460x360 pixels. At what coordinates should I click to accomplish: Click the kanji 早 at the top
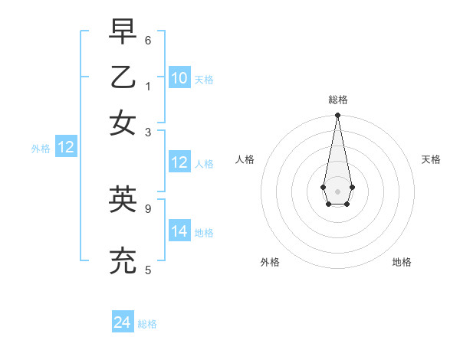click(123, 32)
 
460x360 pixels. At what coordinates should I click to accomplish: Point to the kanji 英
click(123, 199)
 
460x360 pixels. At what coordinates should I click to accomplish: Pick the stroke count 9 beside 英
click(148, 207)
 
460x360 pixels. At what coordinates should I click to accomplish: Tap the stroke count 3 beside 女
click(148, 132)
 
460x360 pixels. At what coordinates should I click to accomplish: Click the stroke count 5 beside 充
click(148, 270)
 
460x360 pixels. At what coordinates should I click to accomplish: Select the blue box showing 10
click(179, 78)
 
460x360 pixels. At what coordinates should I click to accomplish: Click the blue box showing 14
click(179, 231)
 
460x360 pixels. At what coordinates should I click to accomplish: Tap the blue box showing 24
click(123, 322)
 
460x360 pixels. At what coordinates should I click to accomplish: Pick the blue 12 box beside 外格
click(66, 148)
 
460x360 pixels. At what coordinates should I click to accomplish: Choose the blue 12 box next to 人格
click(179, 162)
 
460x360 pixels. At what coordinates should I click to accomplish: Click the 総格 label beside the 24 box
click(147, 324)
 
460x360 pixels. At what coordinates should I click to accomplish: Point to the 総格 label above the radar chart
click(338, 100)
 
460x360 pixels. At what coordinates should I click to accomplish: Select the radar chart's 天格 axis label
click(431, 159)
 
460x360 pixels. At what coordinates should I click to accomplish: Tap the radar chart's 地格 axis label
click(402, 262)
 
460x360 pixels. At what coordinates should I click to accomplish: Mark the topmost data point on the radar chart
click(337, 116)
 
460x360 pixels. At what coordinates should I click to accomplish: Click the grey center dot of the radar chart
click(337, 191)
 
